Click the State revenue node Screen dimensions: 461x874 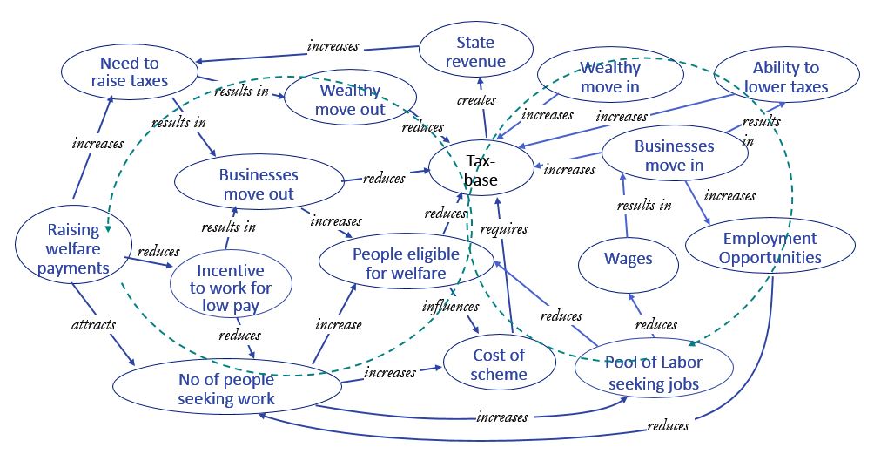click(x=475, y=51)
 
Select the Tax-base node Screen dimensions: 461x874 click(x=481, y=171)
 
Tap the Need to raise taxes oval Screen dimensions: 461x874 click(x=128, y=71)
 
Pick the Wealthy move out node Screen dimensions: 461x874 click(x=349, y=100)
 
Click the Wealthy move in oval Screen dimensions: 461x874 click(x=609, y=77)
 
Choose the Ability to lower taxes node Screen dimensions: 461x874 click(x=785, y=77)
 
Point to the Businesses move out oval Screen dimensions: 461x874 click(x=258, y=184)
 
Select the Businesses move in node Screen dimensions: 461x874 click(x=674, y=155)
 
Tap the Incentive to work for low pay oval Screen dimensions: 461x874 click(x=230, y=287)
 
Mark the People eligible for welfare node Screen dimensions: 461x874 click(x=400, y=263)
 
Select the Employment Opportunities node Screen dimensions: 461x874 click(x=770, y=247)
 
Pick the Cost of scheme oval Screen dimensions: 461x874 click(x=499, y=364)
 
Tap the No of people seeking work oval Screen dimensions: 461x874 click(x=225, y=389)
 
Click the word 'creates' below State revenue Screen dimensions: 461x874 click(x=475, y=100)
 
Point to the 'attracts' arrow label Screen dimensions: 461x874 click(x=93, y=325)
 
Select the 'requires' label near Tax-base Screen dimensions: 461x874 click(x=504, y=229)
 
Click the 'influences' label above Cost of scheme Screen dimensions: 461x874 click(x=451, y=306)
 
